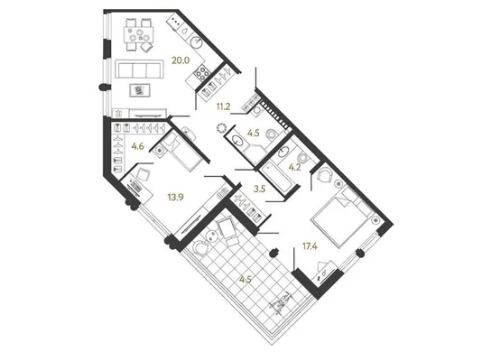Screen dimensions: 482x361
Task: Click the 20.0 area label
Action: [x=181, y=60]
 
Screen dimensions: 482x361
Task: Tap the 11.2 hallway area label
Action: [x=224, y=106]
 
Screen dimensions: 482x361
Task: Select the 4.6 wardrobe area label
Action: [x=138, y=146]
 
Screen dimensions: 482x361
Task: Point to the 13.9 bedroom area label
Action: [x=175, y=197]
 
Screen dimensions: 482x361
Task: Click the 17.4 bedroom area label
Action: [x=310, y=246]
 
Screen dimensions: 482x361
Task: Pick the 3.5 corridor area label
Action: [x=259, y=189]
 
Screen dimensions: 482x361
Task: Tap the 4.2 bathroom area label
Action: [x=295, y=168]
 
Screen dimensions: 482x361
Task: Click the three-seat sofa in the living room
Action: [x=139, y=70]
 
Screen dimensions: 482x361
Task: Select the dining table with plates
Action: [x=139, y=34]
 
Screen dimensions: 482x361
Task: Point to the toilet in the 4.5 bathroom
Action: [x=272, y=134]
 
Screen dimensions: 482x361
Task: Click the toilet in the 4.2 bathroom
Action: [x=303, y=157]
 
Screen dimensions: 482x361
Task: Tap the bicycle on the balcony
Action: [x=280, y=304]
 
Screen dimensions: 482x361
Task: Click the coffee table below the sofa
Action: [x=140, y=90]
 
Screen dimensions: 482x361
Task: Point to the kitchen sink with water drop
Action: [x=185, y=31]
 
